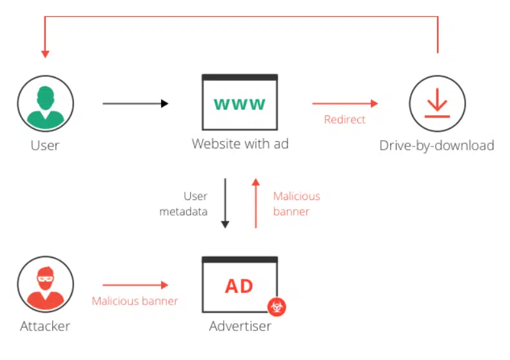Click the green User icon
click(46, 103)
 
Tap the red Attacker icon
click(46, 285)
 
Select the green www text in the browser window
click(240, 104)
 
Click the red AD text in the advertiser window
click(239, 286)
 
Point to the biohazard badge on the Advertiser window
click(277, 306)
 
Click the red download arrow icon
click(437, 103)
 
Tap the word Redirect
click(345, 119)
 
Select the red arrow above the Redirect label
click(345, 103)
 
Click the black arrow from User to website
click(135, 103)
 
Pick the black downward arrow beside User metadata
click(225, 203)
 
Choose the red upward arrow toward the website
click(256, 203)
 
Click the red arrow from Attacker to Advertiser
click(135, 285)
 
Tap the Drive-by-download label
click(436, 146)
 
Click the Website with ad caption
click(240, 143)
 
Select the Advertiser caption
click(240, 326)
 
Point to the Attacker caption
click(45, 326)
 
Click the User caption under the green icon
click(45, 146)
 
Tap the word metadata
click(184, 212)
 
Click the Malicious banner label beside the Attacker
click(135, 301)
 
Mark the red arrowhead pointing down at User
click(45, 54)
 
